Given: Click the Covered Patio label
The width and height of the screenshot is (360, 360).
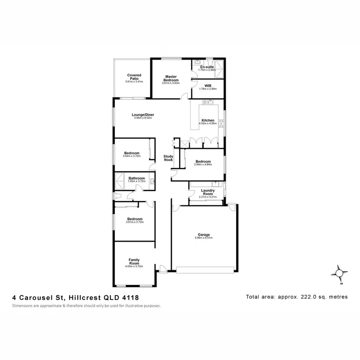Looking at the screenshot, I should (x=134, y=76).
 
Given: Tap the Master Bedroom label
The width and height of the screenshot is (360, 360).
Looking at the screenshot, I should (x=171, y=78).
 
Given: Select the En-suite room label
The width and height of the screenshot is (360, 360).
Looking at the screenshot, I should (x=207, y=67).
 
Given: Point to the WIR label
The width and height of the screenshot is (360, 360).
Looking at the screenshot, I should (x=207, y=86).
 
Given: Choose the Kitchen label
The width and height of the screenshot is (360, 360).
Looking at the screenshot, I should (x=207, y=120).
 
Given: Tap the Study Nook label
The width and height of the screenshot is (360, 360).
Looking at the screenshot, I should (x=168, y=158).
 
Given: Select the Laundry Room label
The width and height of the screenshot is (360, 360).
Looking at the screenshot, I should (x=207, y=192).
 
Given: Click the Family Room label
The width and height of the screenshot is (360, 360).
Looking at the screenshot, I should (x=134, y=261).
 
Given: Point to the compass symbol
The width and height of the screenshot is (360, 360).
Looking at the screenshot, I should (x=340, y=273).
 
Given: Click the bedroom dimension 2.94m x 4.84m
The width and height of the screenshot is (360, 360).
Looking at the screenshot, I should (x=203, y=165).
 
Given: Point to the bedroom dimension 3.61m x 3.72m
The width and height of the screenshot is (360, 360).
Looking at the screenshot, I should (x=134, y=222).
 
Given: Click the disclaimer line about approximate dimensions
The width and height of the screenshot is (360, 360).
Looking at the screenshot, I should (x=86, y=306).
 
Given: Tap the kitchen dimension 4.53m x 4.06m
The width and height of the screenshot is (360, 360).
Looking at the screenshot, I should (x=207, y=123).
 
